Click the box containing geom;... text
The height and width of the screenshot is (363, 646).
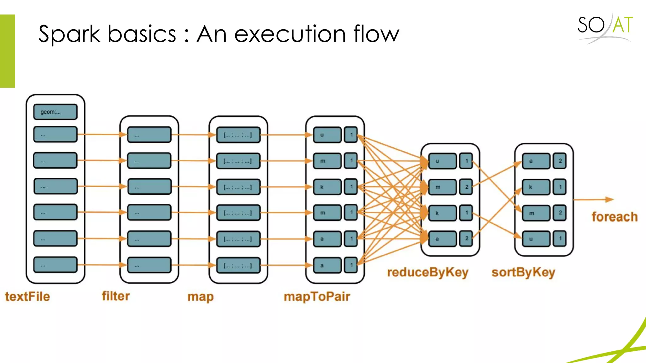coord(55,112)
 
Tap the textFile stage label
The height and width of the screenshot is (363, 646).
coord(27,297)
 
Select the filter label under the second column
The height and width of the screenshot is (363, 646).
coord(116,296)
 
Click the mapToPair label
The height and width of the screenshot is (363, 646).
coord(317,297)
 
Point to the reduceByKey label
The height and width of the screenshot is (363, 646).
coord(428,272)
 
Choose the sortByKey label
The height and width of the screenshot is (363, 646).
coord(523,272)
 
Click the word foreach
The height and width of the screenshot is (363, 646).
coord(614,217)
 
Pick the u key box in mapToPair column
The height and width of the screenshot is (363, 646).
coord(327,135)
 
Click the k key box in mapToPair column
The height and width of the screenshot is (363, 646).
coord(327,187)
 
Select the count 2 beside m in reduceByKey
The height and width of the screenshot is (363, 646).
coord(466,187)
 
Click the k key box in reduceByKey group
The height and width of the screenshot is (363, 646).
coord(442,213)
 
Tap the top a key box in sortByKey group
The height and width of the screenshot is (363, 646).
coord(536,161)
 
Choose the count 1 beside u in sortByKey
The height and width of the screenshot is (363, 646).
coord(560,239)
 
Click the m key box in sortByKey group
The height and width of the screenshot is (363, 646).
coord(536,213)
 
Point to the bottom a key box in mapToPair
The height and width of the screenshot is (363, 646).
coord(327,265)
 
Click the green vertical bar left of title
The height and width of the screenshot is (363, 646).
coord(7,51)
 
